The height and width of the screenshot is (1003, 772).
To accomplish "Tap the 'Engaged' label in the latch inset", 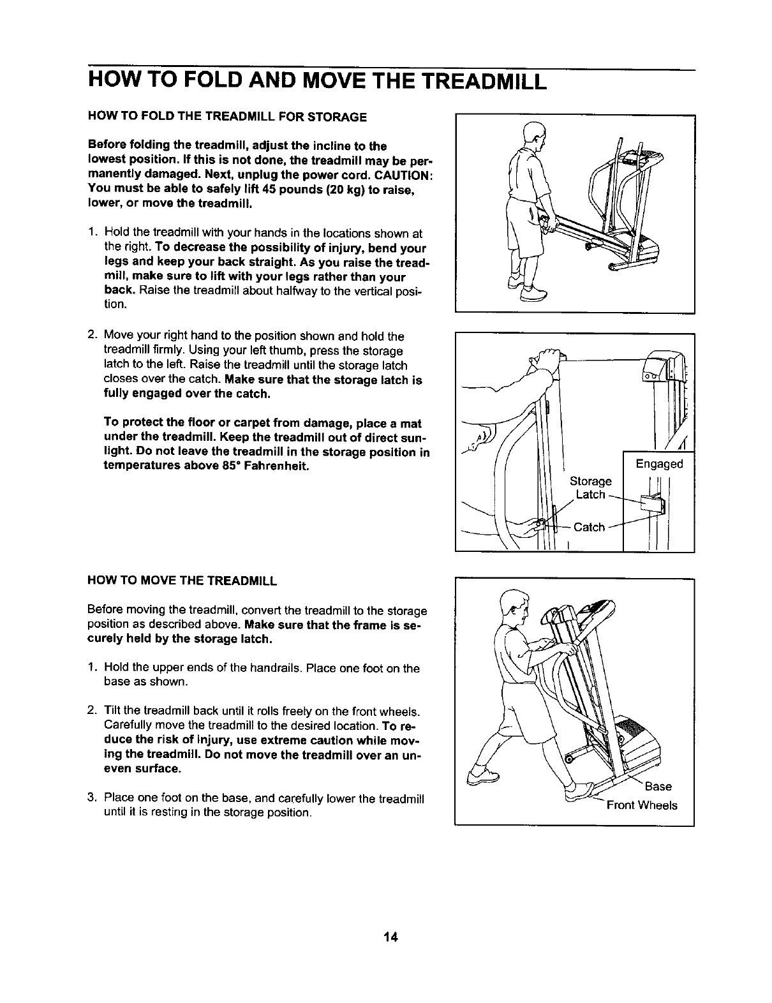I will (659, 464).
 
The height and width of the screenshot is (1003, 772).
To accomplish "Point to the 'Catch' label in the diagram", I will (589, 527).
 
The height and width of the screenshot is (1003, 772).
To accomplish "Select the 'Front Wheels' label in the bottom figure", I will (642, 805).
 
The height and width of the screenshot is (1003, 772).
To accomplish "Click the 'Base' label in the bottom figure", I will (658, 786).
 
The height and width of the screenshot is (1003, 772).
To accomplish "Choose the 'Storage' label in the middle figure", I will (590, 480).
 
